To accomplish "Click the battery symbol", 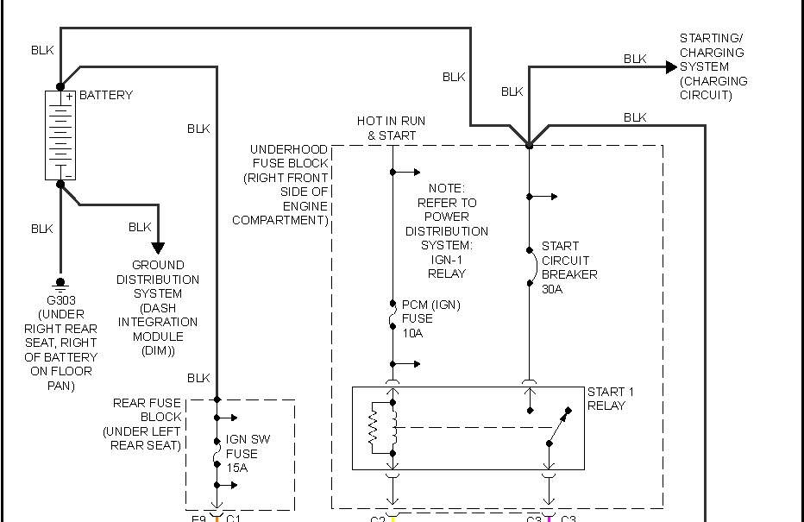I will click(60, 135).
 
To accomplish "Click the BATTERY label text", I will click(106, 95).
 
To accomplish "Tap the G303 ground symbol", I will click(60, 283).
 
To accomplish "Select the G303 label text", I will click(60, 300).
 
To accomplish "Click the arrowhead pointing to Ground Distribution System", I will click(158, 248).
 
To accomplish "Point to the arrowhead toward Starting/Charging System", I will click(671, 67).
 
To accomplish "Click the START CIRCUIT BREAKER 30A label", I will click(568, 267).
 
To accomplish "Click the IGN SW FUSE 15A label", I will click(248, 453).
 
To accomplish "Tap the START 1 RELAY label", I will click(606, 399).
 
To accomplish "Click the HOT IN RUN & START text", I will click(391, 129).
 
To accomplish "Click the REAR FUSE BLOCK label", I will click(147, 424).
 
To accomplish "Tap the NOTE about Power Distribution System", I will click(446, 230).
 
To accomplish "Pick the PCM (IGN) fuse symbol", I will click(393, 318).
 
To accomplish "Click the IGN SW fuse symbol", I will click(217, 453).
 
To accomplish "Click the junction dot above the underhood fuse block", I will click(530, 146).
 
